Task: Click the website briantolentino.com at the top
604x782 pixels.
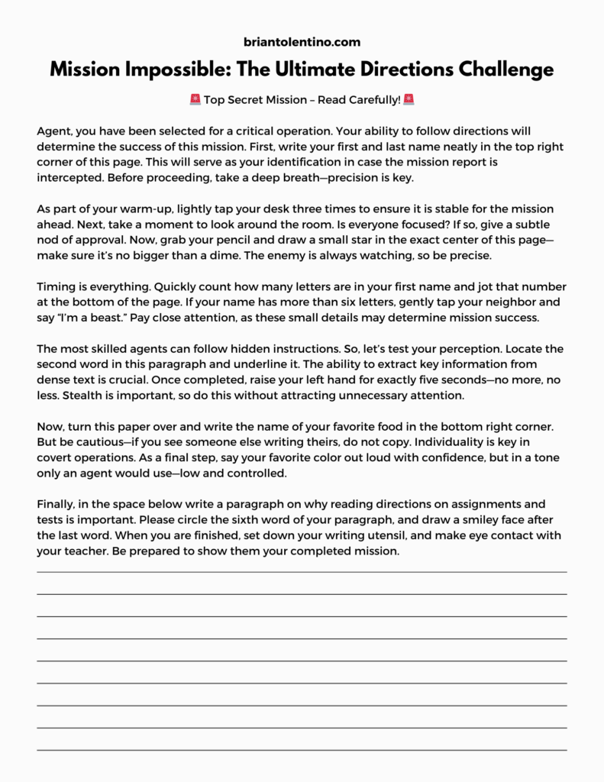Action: [302, 42]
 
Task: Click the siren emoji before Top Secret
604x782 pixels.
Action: [195, 100]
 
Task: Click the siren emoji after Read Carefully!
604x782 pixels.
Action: [409, 100]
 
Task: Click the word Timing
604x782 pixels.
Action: [55, 286]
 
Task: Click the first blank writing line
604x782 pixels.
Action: [302, 570]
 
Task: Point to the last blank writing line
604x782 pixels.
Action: [302, 749]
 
